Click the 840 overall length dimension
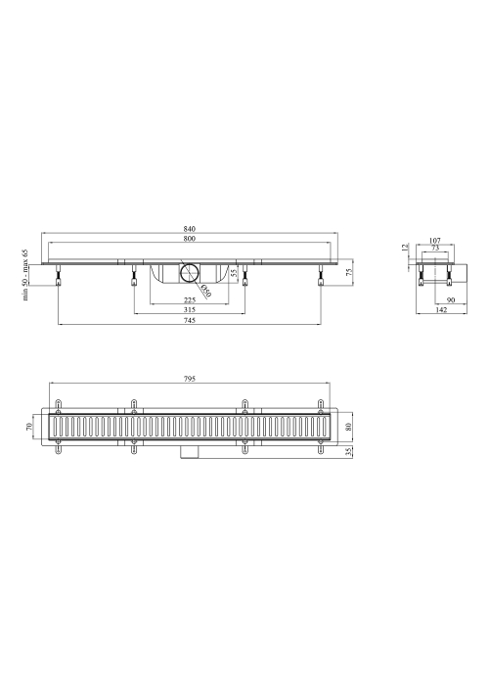(x=190, y=229)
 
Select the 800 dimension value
(x=190, y=239)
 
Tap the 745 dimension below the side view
(x=190, y=320)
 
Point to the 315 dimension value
(x=190, y=310)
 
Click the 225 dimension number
(x=190, y=300)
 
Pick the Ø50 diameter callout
(x=206, y=290)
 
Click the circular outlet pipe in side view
(x=190, y=273)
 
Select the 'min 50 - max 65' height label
(x=24, y=275)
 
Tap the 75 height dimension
(x=349, y=273)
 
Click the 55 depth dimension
(x=234, y=273)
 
